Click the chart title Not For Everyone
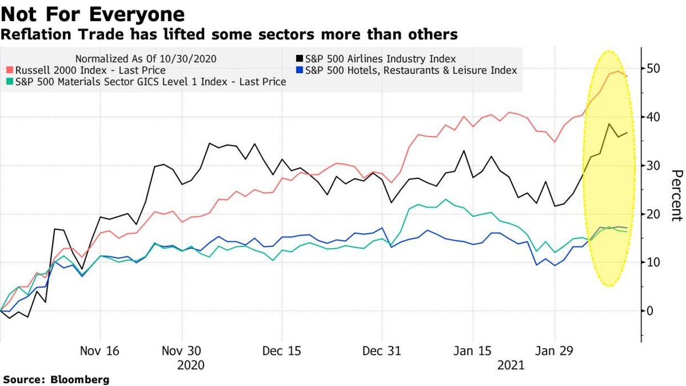coord(93,14)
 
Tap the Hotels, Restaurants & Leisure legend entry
coord(411,70)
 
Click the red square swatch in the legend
coord(10,70)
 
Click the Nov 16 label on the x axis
coord(100,351)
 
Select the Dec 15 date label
coord(281,351)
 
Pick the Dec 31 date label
coord(382,351)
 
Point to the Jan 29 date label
coord(553,351)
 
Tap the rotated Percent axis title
coord(677,195)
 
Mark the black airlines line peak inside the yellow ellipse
coord(609,124)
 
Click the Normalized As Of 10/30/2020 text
coord(146,58)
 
